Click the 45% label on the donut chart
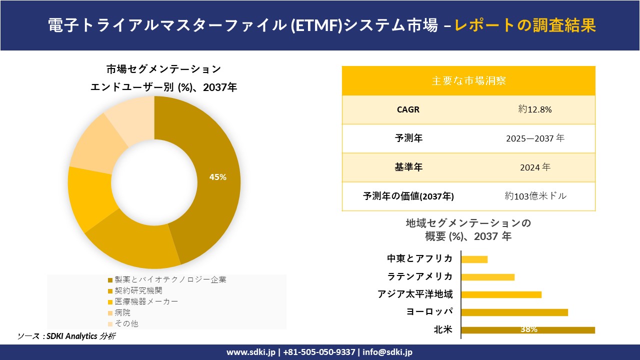coord(218,177)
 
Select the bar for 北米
coord(527,329)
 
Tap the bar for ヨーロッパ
coord(514,312)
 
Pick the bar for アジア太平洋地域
coord(501,294)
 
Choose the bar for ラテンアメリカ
coord(487,277)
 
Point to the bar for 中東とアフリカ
coord(474,259)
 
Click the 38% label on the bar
coord(528,329)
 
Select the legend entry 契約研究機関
coord(138,290)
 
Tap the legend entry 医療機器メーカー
coord(146,301)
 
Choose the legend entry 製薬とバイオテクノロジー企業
coord(170,279)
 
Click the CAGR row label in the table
coord(408,109)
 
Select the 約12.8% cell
coord(535,109)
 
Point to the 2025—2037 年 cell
coord(535,138)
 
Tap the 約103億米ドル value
coord(535,196)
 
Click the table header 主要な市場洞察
coord(468,80)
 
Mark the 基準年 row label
coord(408,167)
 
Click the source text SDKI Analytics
coord(73,336)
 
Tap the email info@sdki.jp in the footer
coord(387,352)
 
